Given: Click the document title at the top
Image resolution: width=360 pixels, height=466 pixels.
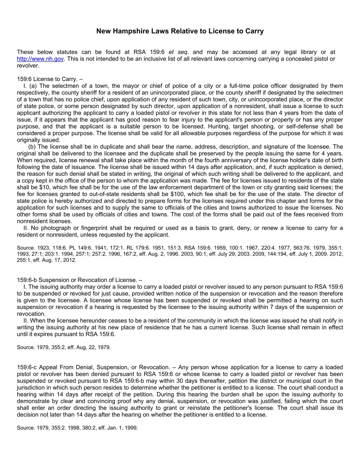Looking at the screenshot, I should pyautogui.click(x=180, y=31).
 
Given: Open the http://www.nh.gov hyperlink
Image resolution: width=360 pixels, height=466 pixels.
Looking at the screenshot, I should pyautogui.click(x=40, y=59).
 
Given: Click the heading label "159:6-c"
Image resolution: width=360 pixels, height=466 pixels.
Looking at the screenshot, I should pyautogui.click(x=27, y=368).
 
